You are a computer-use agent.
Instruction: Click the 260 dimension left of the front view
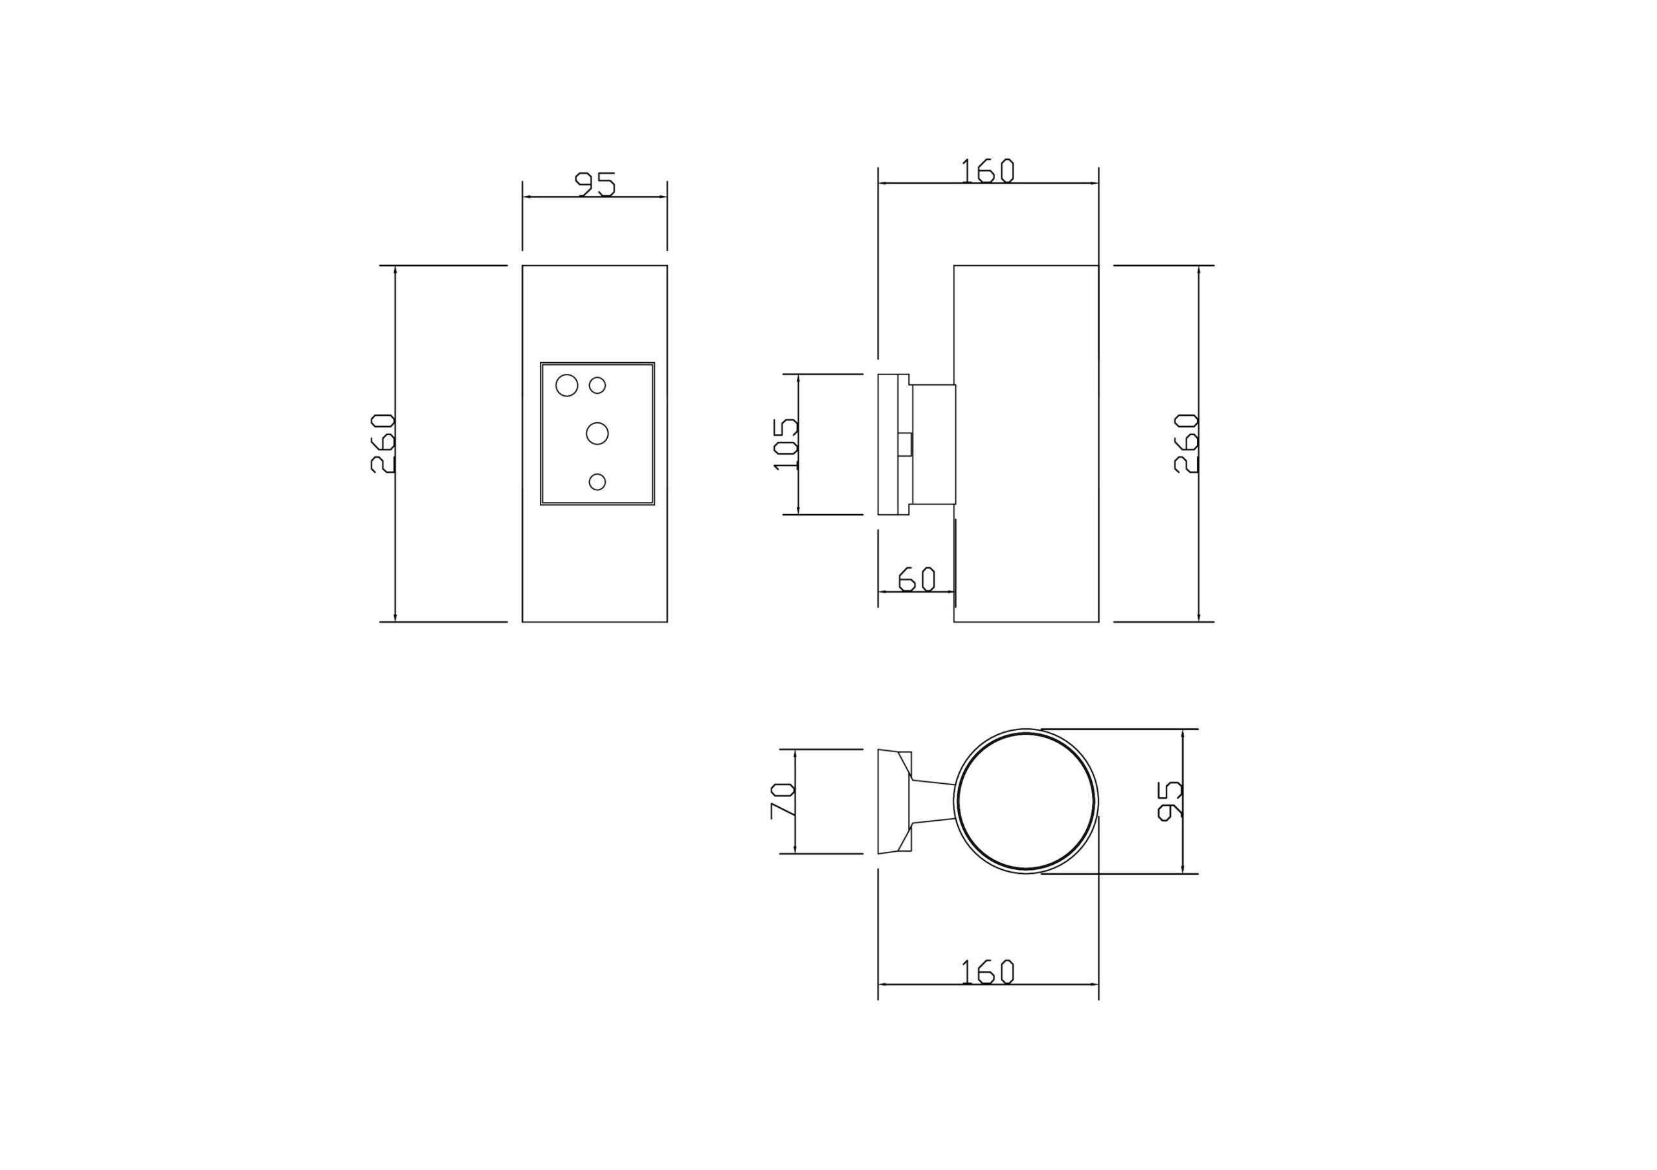point(383,443)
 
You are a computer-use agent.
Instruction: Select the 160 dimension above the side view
point(988,170)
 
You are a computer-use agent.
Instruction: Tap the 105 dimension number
point(785,444)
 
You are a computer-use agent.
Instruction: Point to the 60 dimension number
point(917,580)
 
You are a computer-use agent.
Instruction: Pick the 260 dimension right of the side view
point(1186,443)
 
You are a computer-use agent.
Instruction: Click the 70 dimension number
point(783,801)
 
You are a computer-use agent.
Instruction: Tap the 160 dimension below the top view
point(988,971)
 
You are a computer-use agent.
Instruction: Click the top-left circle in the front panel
point(566,385)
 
